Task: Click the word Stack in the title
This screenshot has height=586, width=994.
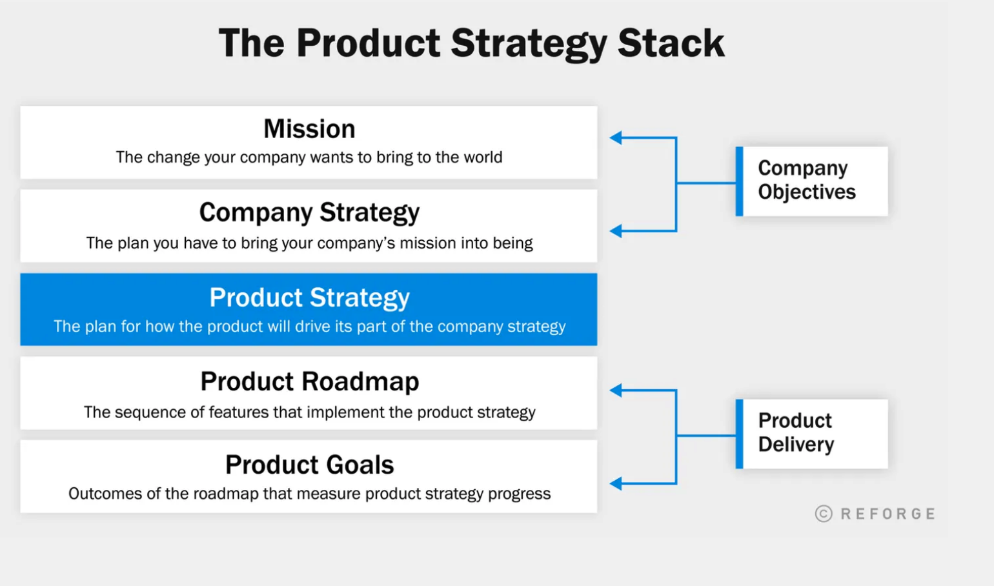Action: (x=671, y=43)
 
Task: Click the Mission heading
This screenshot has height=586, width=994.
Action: (x=309, y=128)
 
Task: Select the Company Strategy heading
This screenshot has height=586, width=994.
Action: (x=309, y=213)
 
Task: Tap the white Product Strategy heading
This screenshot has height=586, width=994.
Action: (x=309, y=298)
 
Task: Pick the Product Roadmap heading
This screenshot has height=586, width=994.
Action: (x=309, y=381)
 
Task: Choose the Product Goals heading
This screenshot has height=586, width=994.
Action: (x=309, y=465)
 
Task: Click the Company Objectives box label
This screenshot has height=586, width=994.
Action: (x=807, y=180)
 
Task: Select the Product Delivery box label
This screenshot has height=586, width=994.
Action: (x=796, y=432)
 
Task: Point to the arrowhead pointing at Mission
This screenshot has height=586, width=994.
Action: (x=616, y=137)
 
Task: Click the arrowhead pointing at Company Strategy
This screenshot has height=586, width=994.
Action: (x=616, y=230)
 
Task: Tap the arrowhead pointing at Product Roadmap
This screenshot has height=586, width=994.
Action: (x=616, y=390)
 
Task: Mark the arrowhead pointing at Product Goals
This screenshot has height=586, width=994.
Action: (x=616, y=483)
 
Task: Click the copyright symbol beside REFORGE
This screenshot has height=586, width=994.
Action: (x=824, y=514)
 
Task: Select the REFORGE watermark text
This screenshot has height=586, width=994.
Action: (x=888, y=514)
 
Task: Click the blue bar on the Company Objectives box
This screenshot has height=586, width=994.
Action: (x=739, y=181)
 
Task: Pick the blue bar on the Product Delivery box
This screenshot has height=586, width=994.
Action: (x=739, y=434)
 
